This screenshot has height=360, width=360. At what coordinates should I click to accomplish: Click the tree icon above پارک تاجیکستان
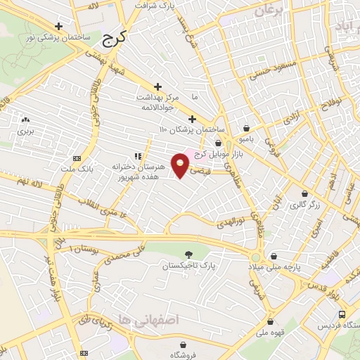(188, 254)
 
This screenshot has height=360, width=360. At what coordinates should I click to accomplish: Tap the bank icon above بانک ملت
(77, 158)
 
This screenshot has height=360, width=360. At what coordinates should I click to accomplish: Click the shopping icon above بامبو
(247, 128)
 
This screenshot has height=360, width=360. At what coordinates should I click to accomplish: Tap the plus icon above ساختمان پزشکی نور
(59, 26)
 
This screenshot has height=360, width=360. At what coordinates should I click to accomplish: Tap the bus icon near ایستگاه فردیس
(341, 314)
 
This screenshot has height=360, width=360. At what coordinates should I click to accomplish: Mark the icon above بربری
(25, 120)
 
